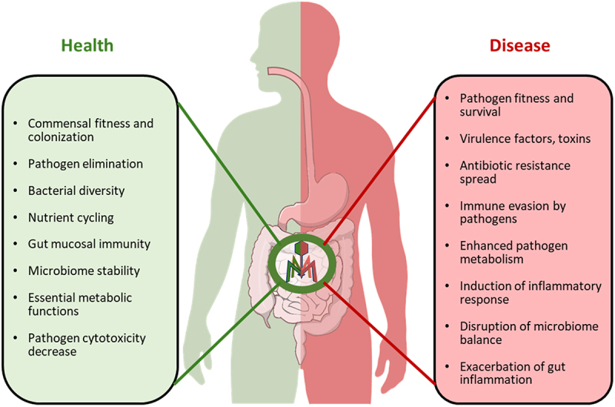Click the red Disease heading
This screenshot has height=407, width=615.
coord(520,46)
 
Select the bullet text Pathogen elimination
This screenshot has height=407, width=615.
coord(85,164)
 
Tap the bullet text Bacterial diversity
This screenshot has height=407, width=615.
coord(75,190)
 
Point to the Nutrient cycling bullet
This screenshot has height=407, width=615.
coord(71,217)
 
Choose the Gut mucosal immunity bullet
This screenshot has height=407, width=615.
coord(88,243)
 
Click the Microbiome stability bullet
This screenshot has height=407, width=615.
coord(84,270)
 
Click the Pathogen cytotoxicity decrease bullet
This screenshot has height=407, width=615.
coord(85,344)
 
